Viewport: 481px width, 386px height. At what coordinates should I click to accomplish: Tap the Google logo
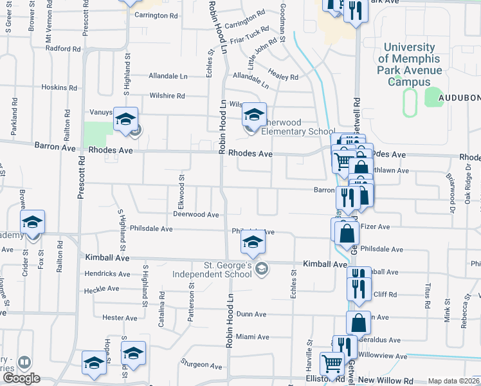tap(21, 379)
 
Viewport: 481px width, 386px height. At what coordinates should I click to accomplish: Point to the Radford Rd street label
tap(63, 48)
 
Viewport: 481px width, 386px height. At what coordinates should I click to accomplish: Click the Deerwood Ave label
tap(196, 214)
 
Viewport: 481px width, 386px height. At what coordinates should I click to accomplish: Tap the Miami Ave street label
tap(252, 336)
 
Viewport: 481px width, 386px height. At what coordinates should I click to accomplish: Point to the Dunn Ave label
tap(251, 314)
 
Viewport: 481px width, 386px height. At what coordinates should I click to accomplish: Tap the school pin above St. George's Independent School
tap(253, 243)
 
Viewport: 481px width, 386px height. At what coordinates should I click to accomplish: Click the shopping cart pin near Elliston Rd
tap(332, 364)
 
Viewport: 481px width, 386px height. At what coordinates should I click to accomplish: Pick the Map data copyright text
tap(453, 381)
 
